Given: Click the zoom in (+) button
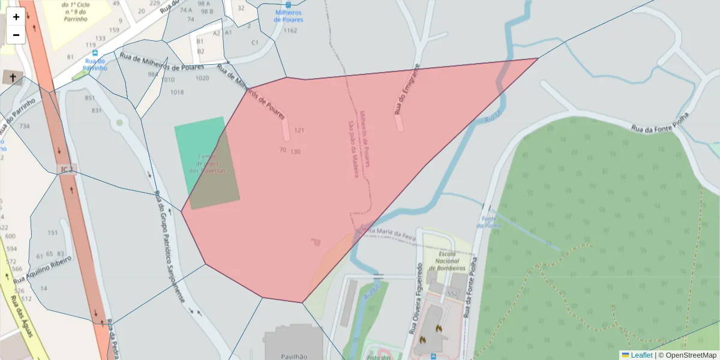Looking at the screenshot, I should tap(16, 17).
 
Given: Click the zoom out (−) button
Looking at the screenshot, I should tap(16, 35).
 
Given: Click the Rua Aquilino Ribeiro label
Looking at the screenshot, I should tap(43, 269).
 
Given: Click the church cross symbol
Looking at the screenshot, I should tap(10, 77).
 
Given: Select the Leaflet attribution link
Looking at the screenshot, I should tap(641, 355).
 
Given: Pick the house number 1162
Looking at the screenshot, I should tap(290, 31).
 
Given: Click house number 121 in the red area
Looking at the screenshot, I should tap(299, 130).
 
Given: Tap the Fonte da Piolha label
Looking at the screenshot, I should tap(488, 223).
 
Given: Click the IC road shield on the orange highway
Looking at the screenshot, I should tap(65, 169).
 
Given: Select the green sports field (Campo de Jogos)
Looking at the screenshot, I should tap(204, 162).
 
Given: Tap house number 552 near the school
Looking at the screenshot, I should tap(452, 293).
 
